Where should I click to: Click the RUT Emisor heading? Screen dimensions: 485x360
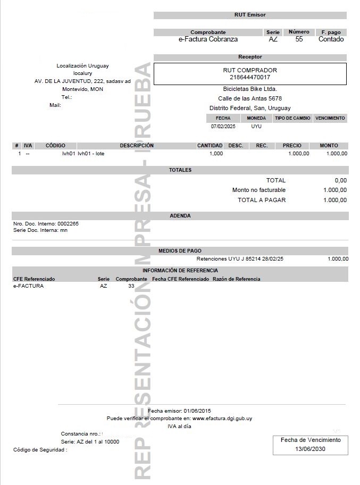point(249,15)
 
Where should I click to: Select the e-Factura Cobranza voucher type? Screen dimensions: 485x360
point(208,39)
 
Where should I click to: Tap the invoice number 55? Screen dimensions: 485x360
point(299,39)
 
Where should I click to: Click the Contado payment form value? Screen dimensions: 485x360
point(331,39)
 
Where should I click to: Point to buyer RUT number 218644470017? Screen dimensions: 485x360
point(250,78)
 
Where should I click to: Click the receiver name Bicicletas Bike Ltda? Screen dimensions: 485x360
point(250,89)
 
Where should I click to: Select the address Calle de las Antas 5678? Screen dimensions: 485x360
point(250,98)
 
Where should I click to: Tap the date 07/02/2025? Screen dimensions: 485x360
point(223,127)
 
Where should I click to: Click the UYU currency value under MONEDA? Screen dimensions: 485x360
point(256,127)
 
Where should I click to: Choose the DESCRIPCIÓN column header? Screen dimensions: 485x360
point(137,145)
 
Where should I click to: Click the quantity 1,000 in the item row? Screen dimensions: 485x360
point(216,154)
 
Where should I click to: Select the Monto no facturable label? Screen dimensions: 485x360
point(259,190)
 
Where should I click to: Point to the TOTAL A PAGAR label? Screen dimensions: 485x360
point(262,200)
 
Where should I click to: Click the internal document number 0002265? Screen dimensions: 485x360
point(68,224)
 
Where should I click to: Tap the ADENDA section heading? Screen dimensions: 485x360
point(180,216)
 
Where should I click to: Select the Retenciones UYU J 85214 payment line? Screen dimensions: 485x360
point(240,259)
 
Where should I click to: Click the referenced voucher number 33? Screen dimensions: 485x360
point(131,286)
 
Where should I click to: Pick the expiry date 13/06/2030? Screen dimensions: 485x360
point(311,449)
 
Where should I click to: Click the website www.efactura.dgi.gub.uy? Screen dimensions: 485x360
point(222,419)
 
